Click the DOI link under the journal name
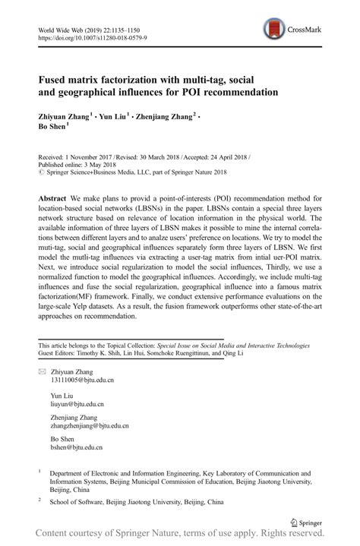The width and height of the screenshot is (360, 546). [x=93, y=36]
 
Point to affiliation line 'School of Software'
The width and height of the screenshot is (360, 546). [x=83, y=502]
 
